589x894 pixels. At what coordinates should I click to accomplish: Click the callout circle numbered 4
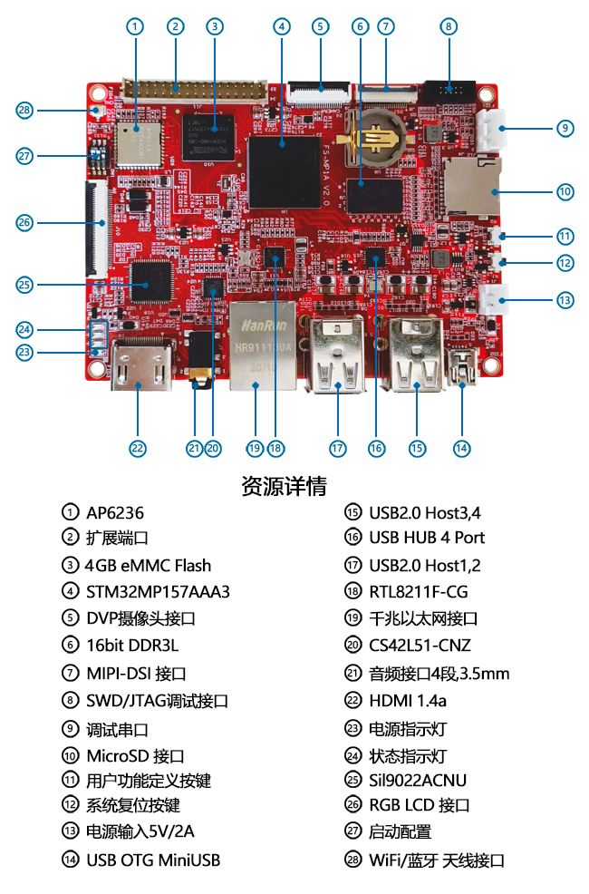point(282,26)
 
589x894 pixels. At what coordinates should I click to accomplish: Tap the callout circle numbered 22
point(138,447)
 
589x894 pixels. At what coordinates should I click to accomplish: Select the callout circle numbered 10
point(565,191)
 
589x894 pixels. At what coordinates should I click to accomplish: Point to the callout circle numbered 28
point(24,111)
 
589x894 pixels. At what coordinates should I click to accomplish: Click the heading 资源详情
point(284,486)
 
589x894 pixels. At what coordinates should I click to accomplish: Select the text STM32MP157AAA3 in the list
point(158,592)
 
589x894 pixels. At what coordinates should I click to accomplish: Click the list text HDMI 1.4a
point(408,701)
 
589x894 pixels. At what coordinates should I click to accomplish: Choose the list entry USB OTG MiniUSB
point(153,860)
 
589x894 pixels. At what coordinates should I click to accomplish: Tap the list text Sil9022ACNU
point(418,780)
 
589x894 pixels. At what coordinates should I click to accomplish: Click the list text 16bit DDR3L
point(133,646)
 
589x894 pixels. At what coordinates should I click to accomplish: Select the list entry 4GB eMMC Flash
point(148,565)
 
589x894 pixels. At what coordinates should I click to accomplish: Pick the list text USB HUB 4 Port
point(427,538)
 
